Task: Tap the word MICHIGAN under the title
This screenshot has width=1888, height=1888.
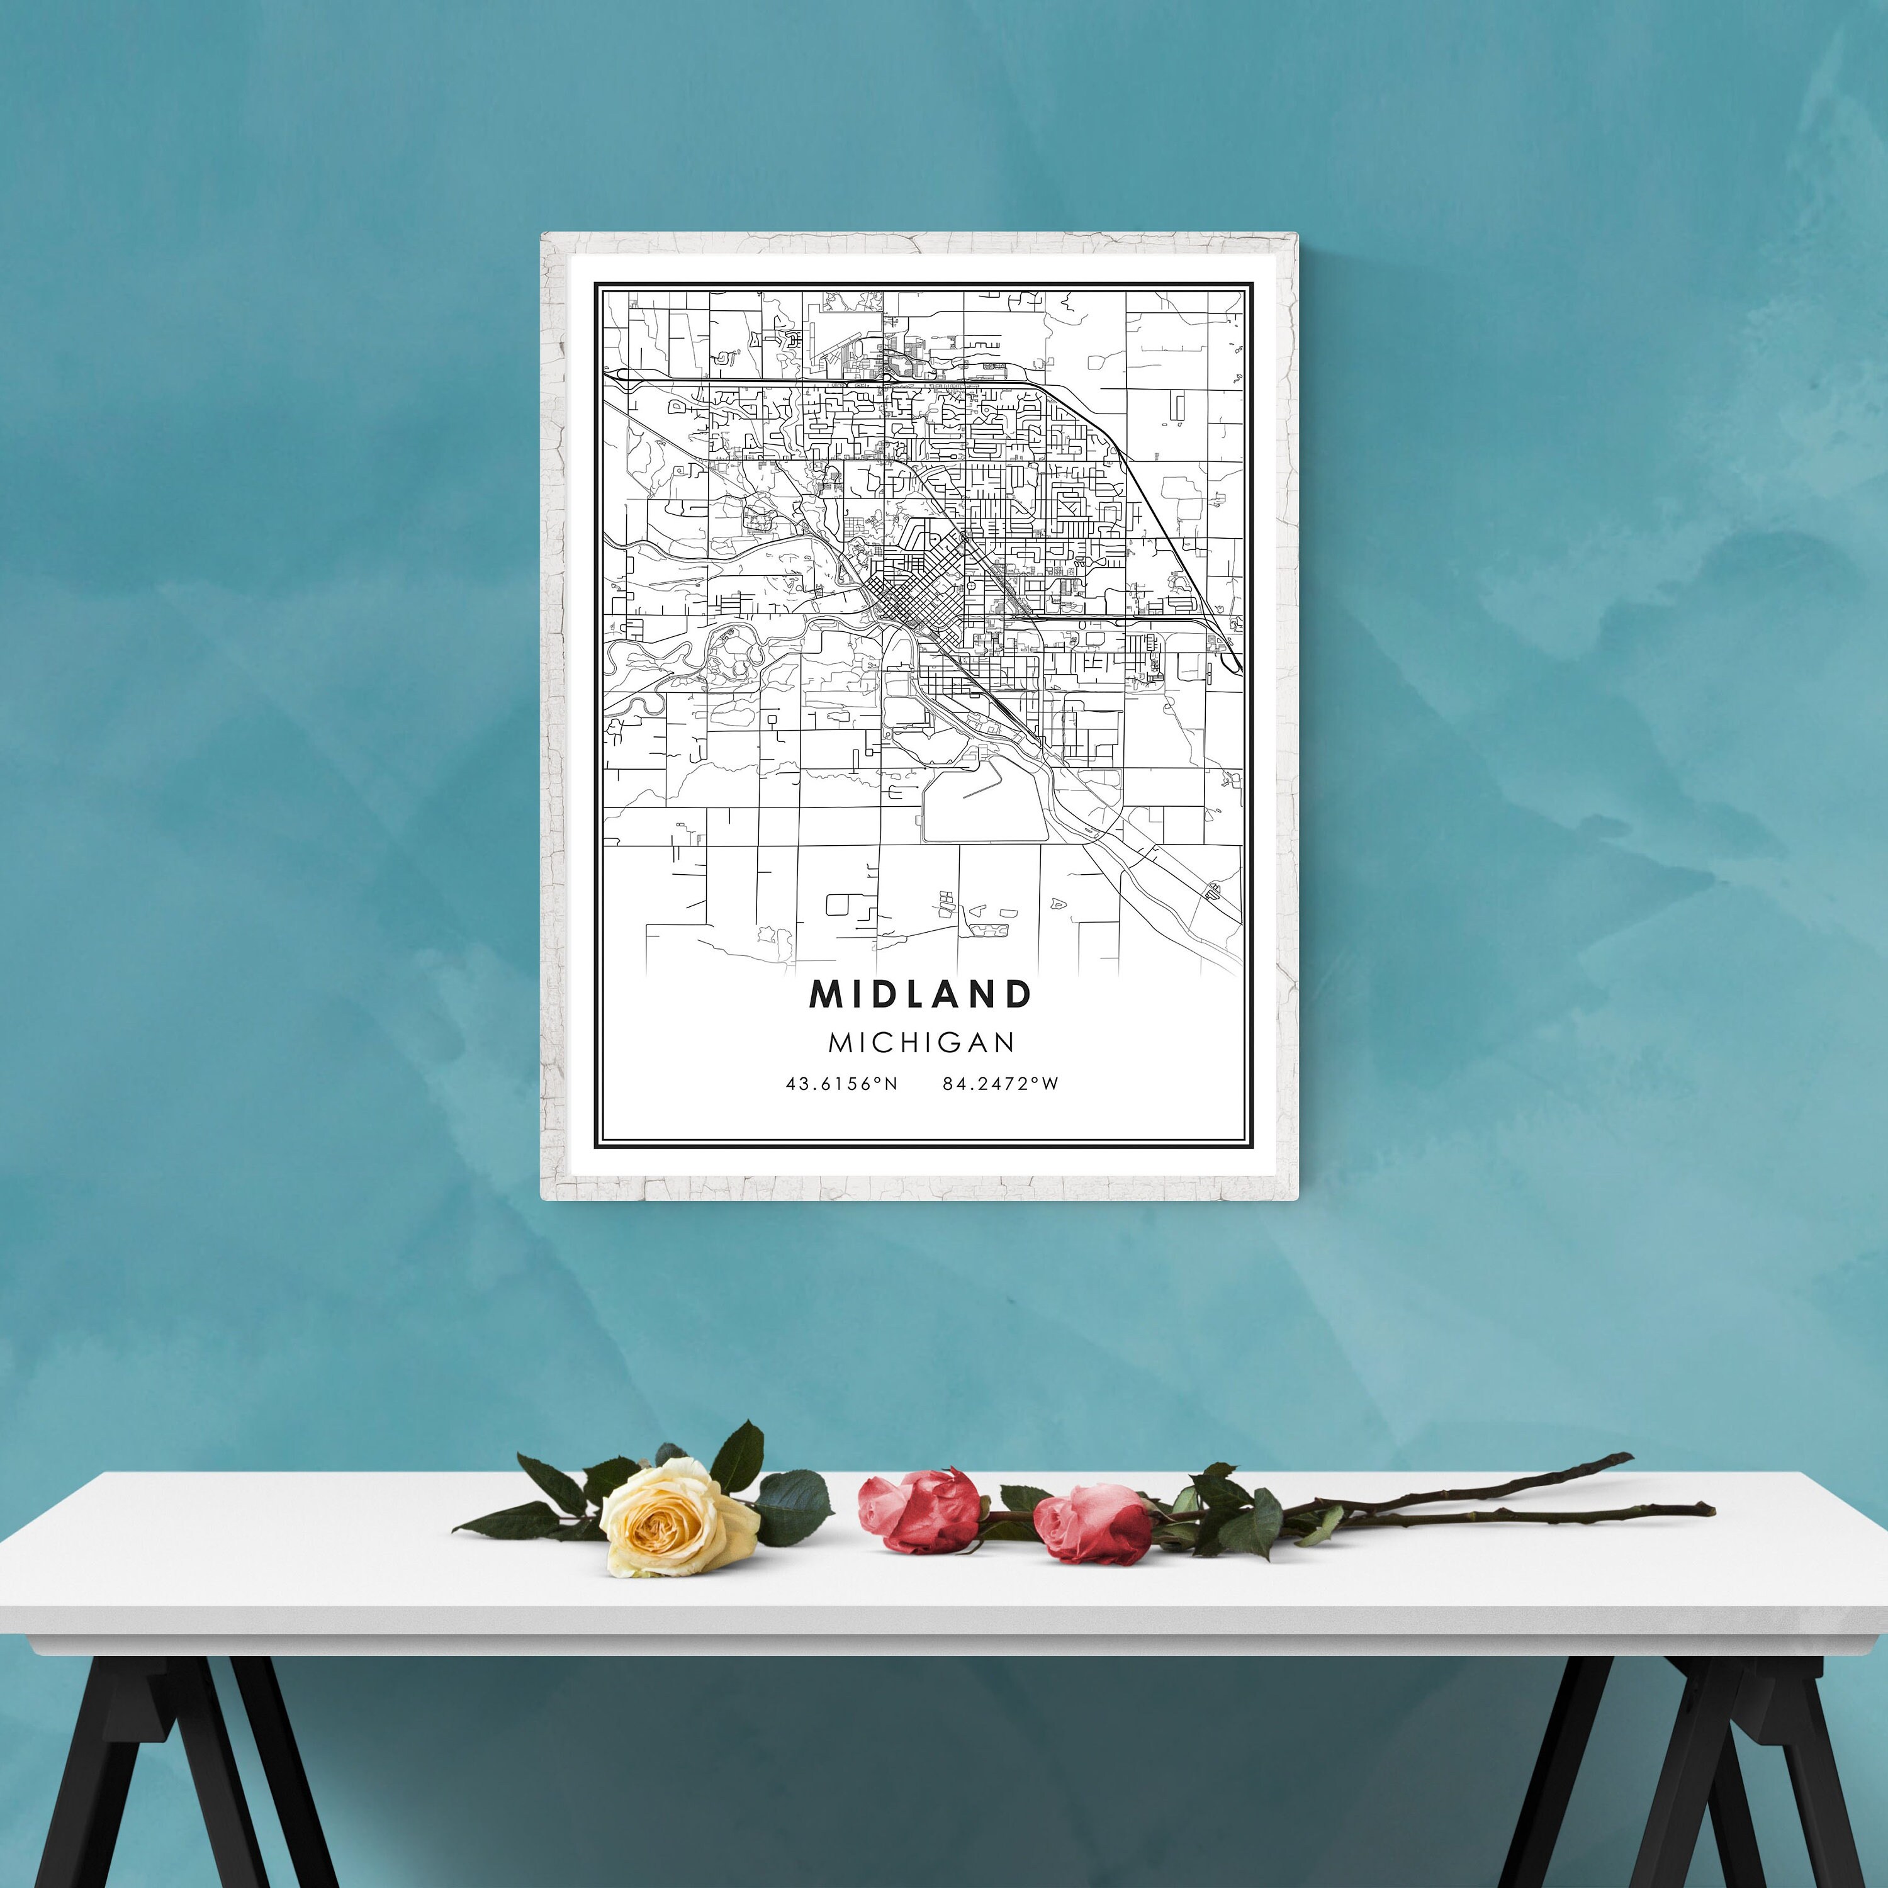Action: pos(921,1043)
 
